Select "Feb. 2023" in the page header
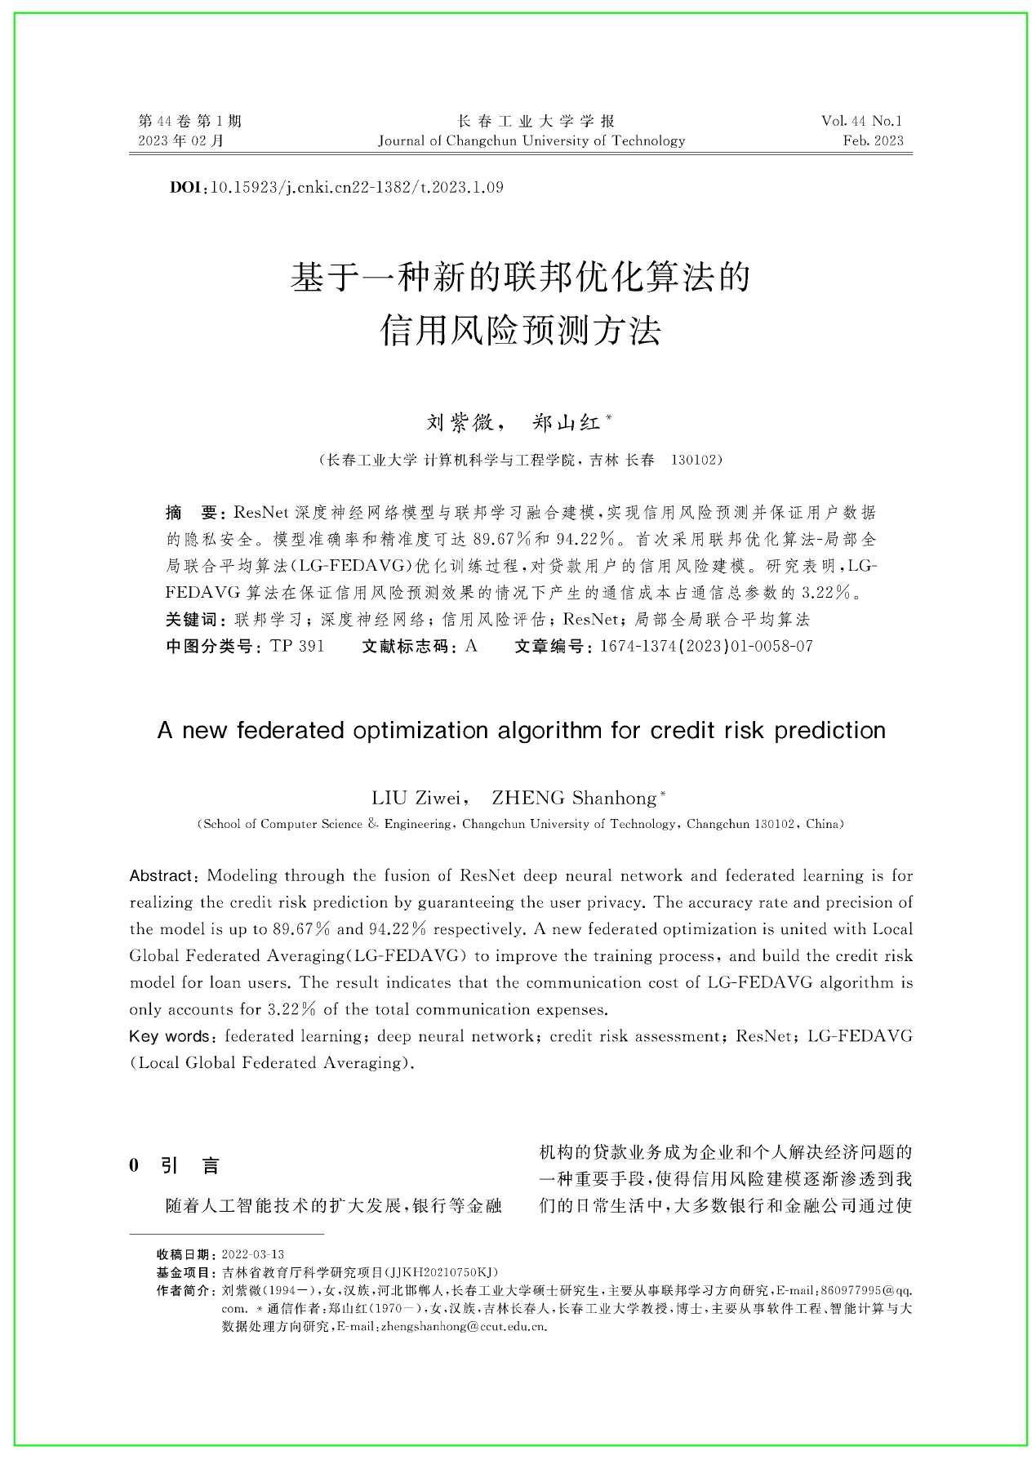pyautogui.click(x=873, y=140)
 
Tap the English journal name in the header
pyautogui.click(x=531, y=140)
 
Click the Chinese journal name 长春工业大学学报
pyautogui.click(x=536, y=121)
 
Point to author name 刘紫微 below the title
pyautogui.click(x=460, y=422)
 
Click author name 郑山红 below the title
pyautogui.click(x=566, y=422)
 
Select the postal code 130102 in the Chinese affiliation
pyautogui.click(x=696, y=460)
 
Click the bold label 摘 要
pyautogui.click(x=191, y=513)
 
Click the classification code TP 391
pyautogui.click(x=297, y=647)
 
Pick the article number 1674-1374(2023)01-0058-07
pyautogui.click(x=706, y=647)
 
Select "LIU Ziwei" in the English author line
pyautogui.click(x=416, y=798)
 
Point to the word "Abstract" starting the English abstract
pyautogui.click(x=161, y=876)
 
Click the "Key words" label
pyautogui.click(x=169, y=1037)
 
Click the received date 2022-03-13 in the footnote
pyautogui.click(x=253, y=1254)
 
